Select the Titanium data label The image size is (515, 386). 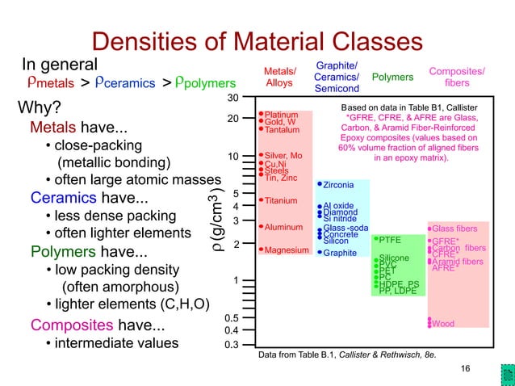281,200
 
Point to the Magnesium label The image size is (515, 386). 287,250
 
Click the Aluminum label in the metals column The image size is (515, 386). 283,227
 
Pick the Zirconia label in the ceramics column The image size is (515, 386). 338,186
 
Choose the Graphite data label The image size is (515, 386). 340,253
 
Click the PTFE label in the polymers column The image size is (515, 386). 391,240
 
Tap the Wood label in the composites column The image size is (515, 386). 442,324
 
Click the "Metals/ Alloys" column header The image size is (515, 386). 280,77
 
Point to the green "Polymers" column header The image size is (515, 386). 392,77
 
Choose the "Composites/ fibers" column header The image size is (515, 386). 457,77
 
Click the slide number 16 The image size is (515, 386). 464,369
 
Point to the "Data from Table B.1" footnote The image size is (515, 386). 347,355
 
